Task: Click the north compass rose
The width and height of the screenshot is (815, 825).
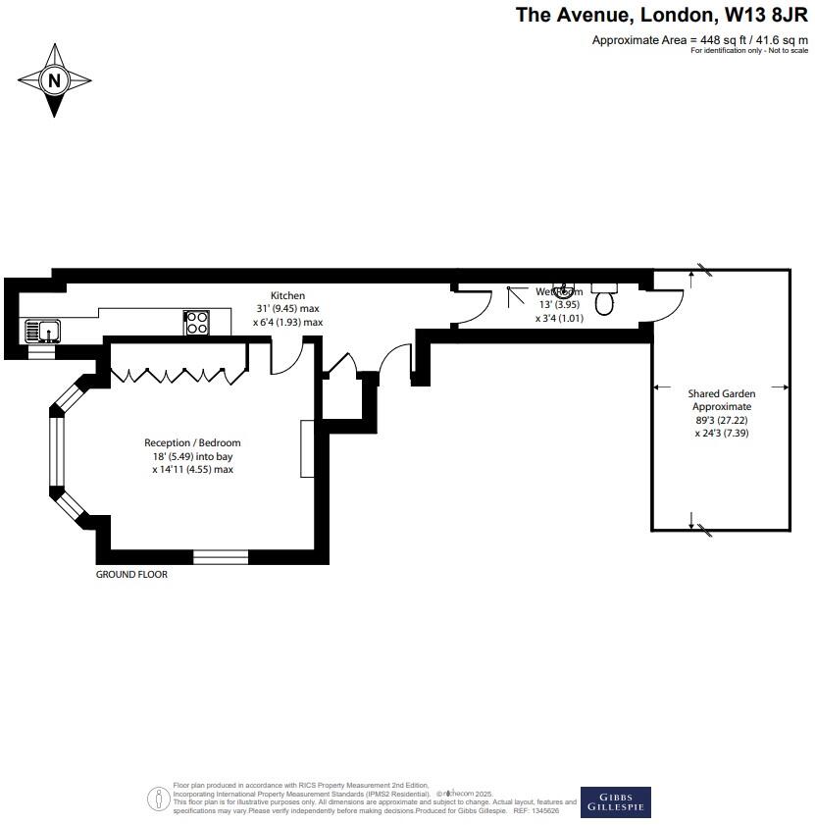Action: [55, 80]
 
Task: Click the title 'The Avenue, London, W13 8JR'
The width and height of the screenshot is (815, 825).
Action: [662, 15]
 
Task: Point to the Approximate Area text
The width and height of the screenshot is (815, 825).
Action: [699, 40]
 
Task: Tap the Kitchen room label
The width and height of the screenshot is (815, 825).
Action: [288, 295]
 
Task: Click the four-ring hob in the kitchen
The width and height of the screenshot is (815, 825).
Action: [196, 322]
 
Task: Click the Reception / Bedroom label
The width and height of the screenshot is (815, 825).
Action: [192, 443]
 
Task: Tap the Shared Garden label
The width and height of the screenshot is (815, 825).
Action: [722, 393]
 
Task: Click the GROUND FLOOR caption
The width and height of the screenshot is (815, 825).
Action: [131, 574]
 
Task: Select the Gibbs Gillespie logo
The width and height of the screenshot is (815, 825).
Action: [615, 800]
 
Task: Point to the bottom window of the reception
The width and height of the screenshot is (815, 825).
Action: [221, 557]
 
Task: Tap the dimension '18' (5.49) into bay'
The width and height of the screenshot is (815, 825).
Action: [192, 456]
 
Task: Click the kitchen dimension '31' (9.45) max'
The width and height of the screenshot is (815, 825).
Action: [288, 309]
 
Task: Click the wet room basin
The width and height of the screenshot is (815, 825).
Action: [564, 291]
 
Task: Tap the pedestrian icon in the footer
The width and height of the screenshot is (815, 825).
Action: [158, 799]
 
